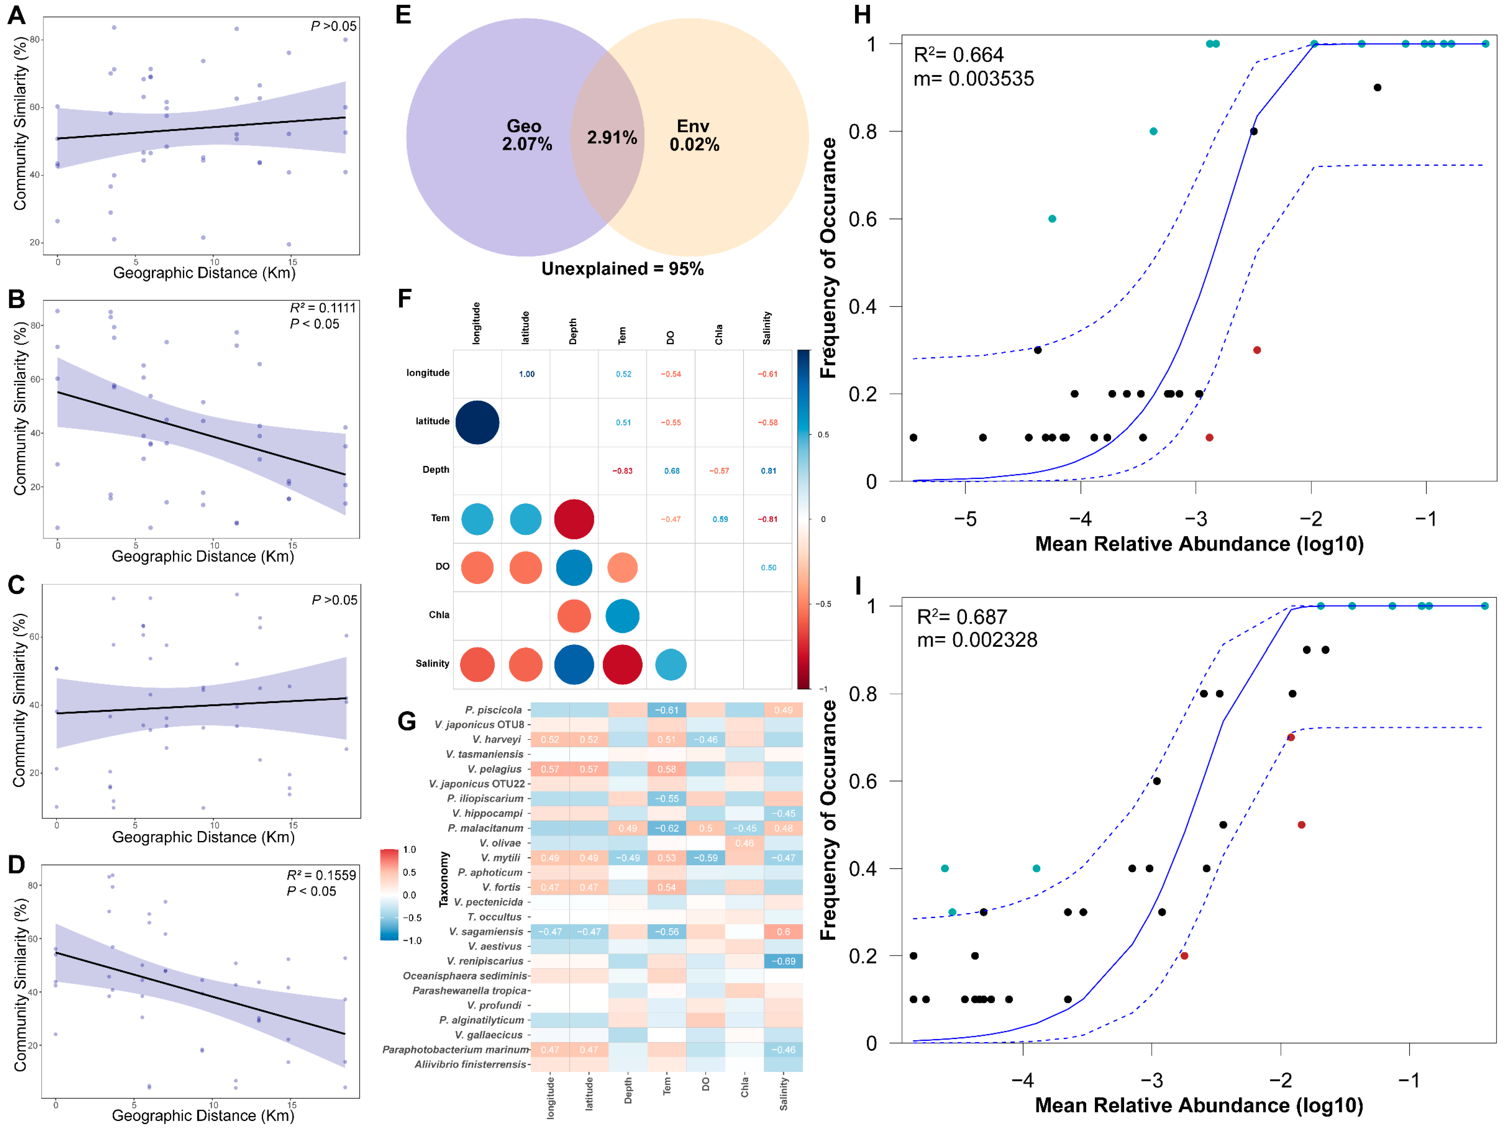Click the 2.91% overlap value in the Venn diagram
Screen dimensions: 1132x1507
tap(612, 138)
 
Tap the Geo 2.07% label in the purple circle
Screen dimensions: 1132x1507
tap(526, 135)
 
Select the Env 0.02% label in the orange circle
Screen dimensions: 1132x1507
tap(694, 135)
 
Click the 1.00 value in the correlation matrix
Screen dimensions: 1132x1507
tap(527, 374)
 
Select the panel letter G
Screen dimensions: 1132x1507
tap(407, 721)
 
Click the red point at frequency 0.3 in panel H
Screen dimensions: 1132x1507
tap(1257, 350)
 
